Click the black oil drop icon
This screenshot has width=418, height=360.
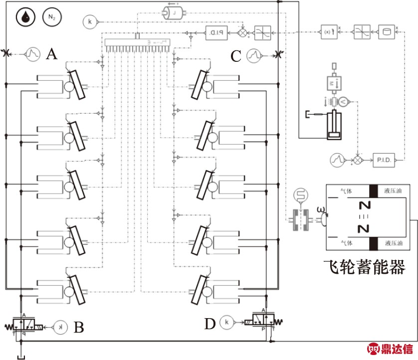click(25, 17)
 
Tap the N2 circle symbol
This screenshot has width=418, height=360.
click(50, 17)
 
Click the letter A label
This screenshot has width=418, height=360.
click(51, 53)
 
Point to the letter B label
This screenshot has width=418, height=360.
click(78, 328)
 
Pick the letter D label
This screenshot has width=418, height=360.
click(209, 324)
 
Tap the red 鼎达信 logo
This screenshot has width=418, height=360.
click(390, 349)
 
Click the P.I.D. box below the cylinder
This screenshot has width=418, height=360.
click(384, 161)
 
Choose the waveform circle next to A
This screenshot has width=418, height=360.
click(32, 53)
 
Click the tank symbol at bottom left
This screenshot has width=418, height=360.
click(21, 355)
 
